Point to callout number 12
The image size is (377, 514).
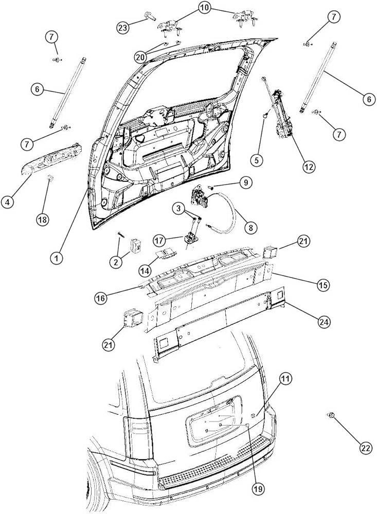click(309, 166)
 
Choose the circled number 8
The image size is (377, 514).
click(252, 226)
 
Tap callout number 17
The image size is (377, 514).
click(159, 240)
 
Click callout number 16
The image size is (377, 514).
click(102, 298)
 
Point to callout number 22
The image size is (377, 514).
click(365, 448)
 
